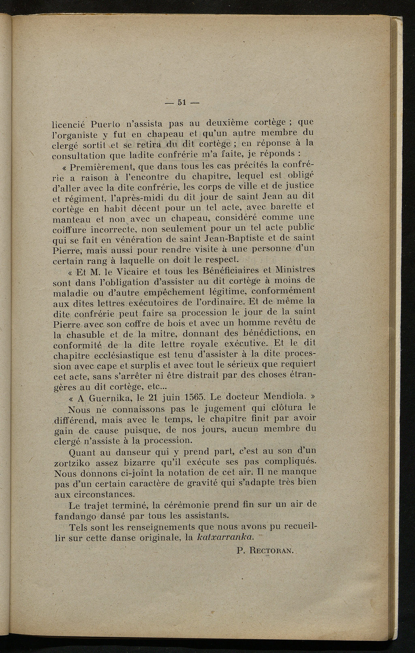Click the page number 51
pyautogui.click(x=181, y=102)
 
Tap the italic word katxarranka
pyautogui.click(x=225, y=538)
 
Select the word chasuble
pyautogui.click(x=86, y=334)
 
